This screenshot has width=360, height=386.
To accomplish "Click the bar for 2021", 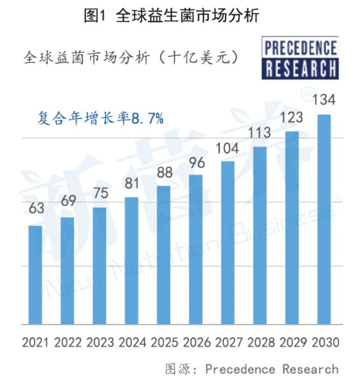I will tap(35, 275).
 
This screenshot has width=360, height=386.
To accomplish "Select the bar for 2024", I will tap(131, 260).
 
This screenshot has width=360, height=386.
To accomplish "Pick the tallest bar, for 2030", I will tap(324, 219).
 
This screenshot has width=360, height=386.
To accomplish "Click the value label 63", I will tap(36, 209).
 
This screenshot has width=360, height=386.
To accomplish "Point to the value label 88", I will tap(163, 172).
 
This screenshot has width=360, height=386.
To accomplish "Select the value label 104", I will tap(227, 149).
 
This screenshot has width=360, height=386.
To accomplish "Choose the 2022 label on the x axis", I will tap(68, 342).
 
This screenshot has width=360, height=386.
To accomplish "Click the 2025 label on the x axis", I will tap(163, 342).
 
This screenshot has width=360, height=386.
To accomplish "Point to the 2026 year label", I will tap(195, 342).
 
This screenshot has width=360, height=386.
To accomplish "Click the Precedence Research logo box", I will tap(300, 58).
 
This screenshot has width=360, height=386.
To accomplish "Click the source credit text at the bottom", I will tap(251, 369).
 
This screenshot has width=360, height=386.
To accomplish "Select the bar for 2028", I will tap(260, 235).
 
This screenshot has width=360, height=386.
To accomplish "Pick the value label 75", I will tap(100, 190).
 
